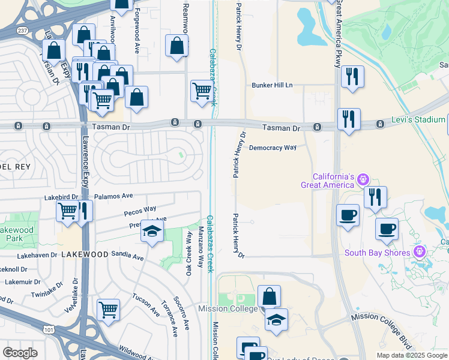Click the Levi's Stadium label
click(420, 120)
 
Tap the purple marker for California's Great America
click(363, 179)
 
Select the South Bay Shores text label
click(377, 252)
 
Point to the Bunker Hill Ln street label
click(271, 85)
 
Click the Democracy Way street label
click(273, 147)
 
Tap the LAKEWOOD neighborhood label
click(83, 254)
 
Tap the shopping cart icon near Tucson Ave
click(108, 310)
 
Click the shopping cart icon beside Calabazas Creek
click(202, 91)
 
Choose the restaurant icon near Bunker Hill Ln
click(352, 76)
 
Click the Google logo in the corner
click(20, 353)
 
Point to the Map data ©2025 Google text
click(412, 355)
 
